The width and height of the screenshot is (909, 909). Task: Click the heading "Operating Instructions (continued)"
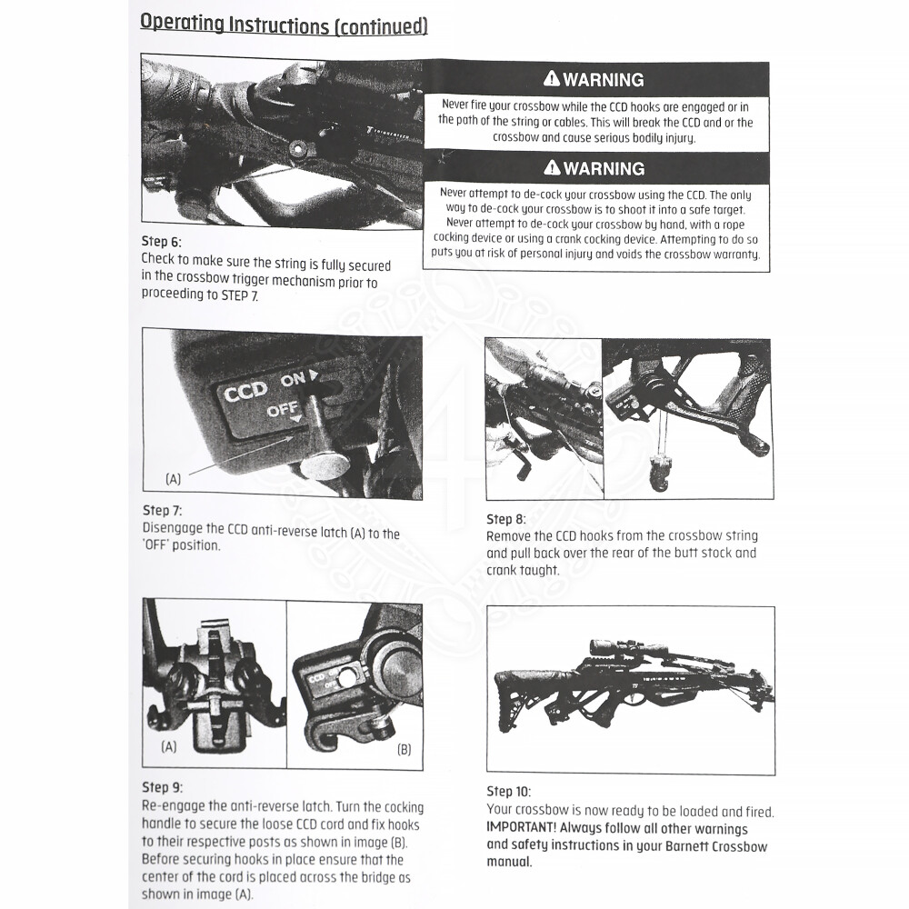[284, 25]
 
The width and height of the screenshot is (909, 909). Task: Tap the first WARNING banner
[595, 80]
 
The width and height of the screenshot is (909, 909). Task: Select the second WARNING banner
[595, 168]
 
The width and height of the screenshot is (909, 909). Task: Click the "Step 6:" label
[162, 242]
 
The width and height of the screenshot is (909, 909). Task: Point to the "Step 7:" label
[162, 511]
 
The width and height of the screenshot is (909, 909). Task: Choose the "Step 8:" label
[506, 519]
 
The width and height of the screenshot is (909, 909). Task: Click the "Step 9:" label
[162, 787]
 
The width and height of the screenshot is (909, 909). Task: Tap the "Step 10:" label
[509, 792]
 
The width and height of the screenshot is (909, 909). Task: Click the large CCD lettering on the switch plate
[245, 392]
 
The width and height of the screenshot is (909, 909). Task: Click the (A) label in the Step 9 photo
[168, 747]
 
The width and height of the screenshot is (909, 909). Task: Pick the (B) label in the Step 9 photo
[405, 750]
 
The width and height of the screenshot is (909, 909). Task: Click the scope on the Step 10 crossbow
[627, 647]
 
